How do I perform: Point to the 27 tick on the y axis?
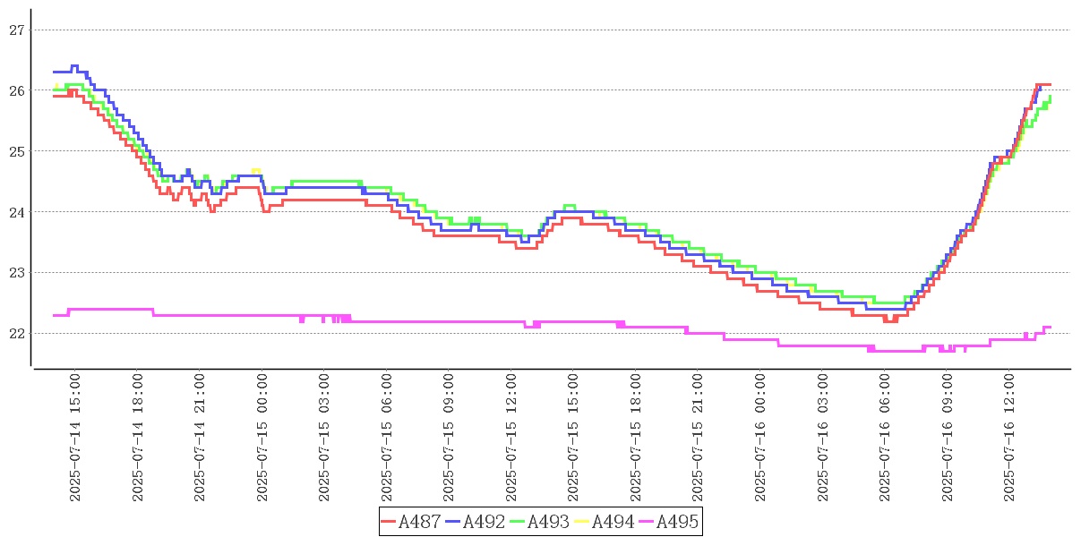click(16, 30)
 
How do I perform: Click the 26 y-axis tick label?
click(16, 90)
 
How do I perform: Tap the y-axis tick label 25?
click(16, 151)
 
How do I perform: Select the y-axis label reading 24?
click(16, 212)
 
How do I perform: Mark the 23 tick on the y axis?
click(16, 272)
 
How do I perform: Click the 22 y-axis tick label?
click(16, 333)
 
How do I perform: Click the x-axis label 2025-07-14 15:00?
click(75, 438)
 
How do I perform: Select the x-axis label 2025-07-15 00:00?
click(262, 438)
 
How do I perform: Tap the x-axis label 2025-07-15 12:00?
click(511, 438)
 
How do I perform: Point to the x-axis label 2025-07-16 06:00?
click(885, 438)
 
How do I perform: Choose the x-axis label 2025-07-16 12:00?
click(1009, 438)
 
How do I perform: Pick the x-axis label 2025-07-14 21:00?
click(200, 438)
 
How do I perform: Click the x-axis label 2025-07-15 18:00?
click(636, 438)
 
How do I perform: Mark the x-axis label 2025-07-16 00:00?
click(760, 438)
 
